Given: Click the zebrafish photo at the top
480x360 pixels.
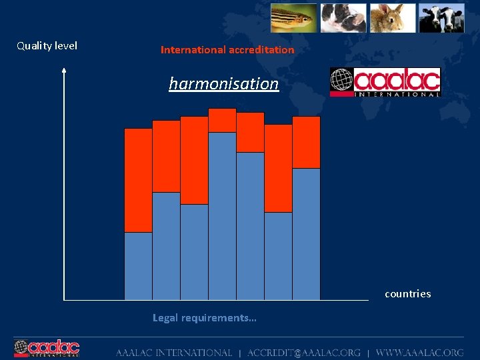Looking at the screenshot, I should [293, 18].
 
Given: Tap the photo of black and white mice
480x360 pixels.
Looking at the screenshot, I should [343, 18].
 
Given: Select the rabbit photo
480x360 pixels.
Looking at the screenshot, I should [393, 18].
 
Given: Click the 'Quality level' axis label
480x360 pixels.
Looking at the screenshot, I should [47, 46].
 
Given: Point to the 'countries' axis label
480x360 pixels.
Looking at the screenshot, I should [407, 294].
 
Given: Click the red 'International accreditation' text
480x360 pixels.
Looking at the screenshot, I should [227, 50].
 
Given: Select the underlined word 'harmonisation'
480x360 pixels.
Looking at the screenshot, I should [223, 84].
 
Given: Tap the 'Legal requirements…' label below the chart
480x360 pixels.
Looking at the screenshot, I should [204, 318].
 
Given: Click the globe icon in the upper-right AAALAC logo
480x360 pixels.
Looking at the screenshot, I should [342, 82].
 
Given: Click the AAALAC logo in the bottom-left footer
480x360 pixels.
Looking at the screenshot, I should [47, 349].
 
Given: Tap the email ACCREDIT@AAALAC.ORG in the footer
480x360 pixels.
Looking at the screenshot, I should [303, 353].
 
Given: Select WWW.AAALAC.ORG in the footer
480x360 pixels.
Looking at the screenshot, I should [419, 353].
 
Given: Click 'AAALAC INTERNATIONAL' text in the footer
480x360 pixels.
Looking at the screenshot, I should [174, 353].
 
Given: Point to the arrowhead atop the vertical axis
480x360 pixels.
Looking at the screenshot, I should [64, 69].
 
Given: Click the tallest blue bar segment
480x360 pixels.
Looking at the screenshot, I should [222, 216].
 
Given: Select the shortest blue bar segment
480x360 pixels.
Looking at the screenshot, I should [138, 266].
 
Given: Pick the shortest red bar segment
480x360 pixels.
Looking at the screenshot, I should [222, 120].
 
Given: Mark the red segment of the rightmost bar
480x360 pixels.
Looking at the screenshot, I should [306, 142].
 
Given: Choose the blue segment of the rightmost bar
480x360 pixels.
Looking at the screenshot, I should [306, 234].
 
